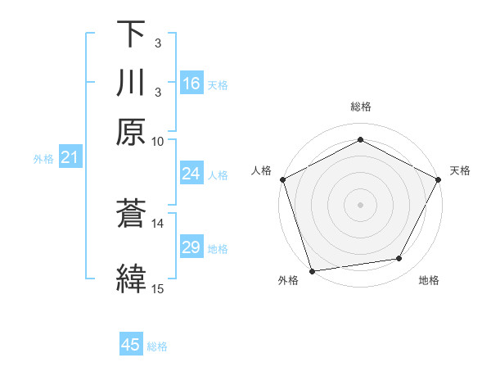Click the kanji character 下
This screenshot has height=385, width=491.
131,34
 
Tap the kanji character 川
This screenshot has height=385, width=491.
131,84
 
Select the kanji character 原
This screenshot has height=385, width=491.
131,130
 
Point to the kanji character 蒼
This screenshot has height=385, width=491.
131,215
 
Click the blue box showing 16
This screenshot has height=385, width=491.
191,84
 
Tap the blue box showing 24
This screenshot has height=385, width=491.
191,174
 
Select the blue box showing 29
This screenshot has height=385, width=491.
191,247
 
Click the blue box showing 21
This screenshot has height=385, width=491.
69,157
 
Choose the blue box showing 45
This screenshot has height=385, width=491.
131,345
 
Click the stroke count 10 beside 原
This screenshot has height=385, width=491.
158,141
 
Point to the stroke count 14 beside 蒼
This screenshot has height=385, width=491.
158,223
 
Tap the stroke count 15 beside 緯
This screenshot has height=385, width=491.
158,288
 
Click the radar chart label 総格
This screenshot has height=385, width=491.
361,106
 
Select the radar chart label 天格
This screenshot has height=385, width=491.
460,170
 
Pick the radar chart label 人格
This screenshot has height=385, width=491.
262,170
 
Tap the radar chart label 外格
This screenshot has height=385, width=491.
288,281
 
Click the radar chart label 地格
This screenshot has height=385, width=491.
429,281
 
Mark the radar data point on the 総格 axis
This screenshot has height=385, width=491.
360,139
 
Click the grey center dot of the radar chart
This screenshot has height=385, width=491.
360,204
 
